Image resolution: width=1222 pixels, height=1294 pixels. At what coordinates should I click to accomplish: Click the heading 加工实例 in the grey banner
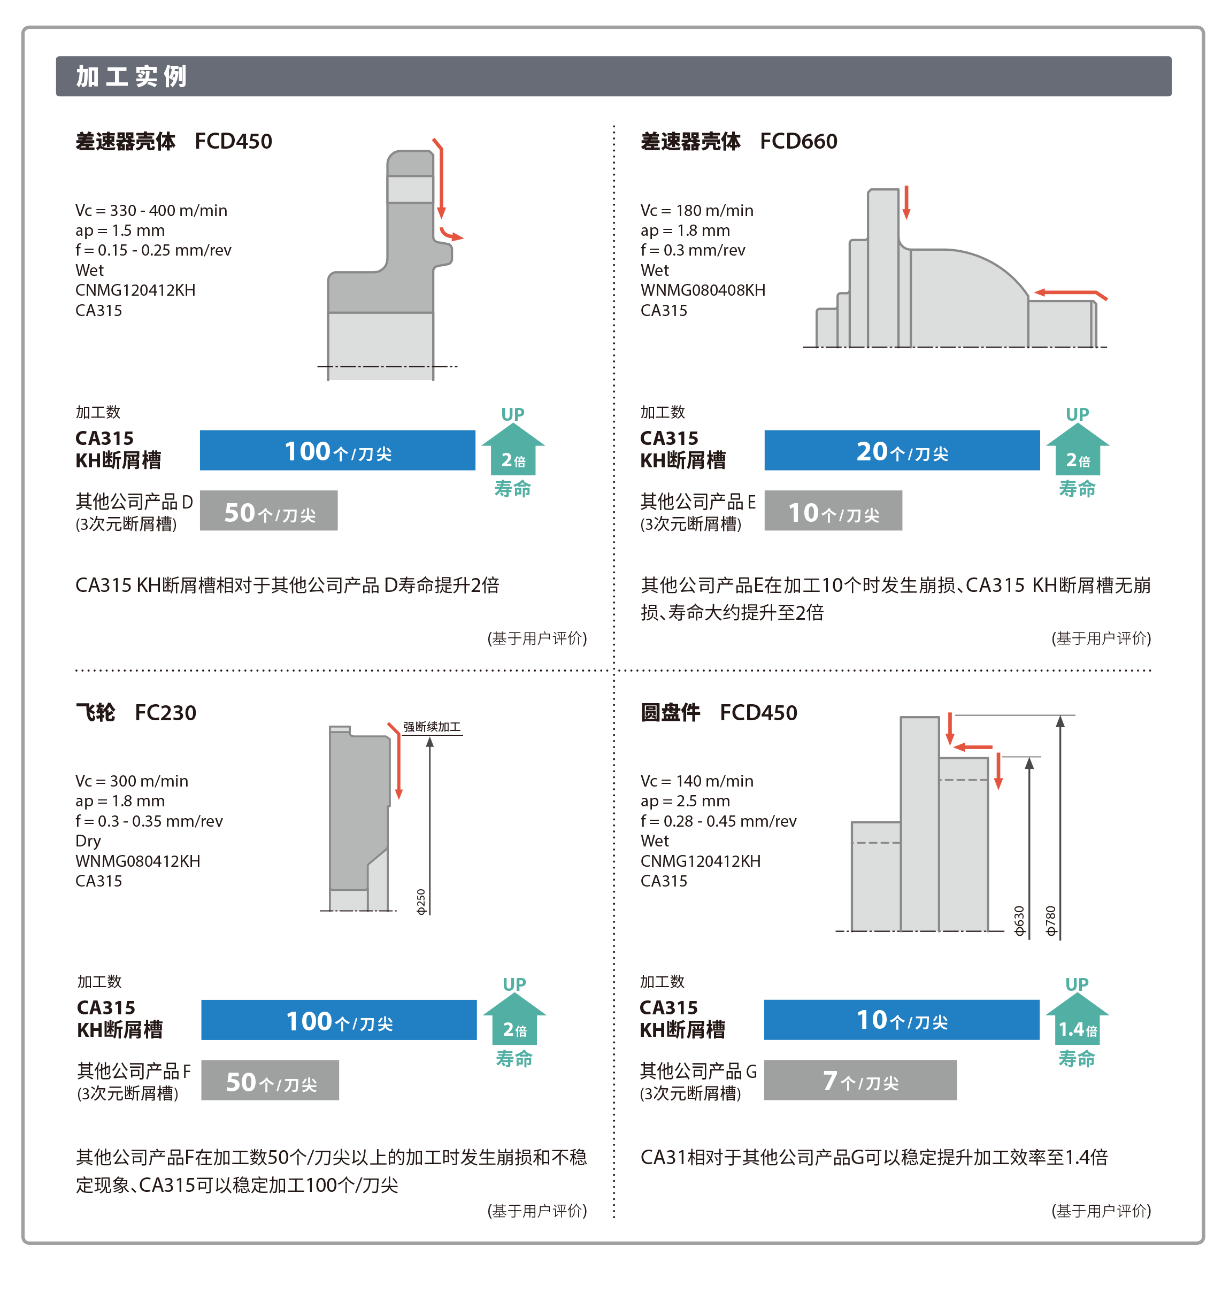[131, 76]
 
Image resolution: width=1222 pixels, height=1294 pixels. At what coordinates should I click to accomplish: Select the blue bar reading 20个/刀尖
[902, 450]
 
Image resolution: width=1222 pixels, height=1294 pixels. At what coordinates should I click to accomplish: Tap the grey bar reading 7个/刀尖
[860, 1080]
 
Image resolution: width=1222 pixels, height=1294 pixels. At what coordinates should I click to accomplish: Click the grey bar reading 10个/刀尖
[833, 511]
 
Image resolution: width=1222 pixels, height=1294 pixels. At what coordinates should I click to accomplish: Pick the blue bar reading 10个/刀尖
[902, 1019]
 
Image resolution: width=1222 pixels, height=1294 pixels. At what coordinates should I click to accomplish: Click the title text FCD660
[798, 141]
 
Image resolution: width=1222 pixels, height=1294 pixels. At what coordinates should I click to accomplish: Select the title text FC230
[165, 712]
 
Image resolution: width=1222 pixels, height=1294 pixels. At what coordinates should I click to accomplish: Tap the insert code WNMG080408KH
[703, 290]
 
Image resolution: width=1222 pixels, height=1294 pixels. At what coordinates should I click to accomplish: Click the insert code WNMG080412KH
[138, 860]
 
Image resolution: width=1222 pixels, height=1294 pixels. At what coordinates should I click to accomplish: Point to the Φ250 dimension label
[421, 902]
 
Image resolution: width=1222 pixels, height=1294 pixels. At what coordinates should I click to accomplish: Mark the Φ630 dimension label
[1019, 921]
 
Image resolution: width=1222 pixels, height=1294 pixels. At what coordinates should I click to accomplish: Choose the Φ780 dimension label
[1051, 921]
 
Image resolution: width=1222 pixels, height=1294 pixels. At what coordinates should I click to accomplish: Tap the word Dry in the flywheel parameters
[88, 840]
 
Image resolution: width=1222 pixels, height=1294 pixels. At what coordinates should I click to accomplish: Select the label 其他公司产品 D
[134, 502]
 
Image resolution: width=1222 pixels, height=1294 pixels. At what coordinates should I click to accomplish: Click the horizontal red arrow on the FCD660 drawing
[1071, 294]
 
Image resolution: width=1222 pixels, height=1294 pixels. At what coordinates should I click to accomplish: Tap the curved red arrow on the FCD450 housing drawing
[450, 234]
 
